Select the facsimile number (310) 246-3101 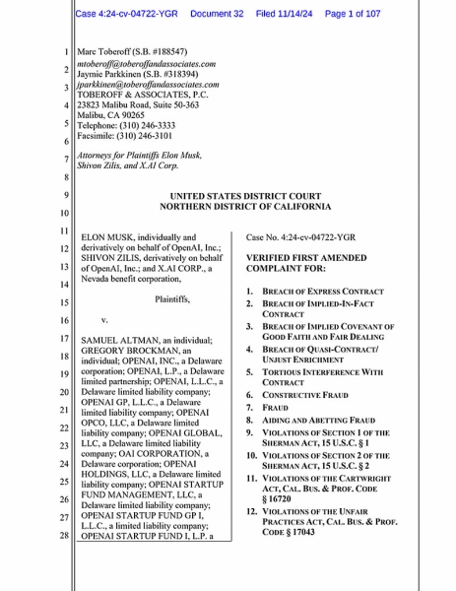[158, 139]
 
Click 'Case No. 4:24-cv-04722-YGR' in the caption [300, 237]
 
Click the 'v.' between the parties [105, 320]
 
